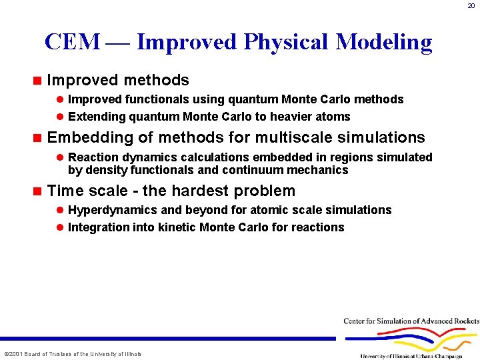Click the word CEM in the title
(72, 42)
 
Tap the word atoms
(331, 117)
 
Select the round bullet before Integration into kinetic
(59, 227)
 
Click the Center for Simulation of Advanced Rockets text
(411, 321)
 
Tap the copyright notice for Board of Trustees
(73, 354)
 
